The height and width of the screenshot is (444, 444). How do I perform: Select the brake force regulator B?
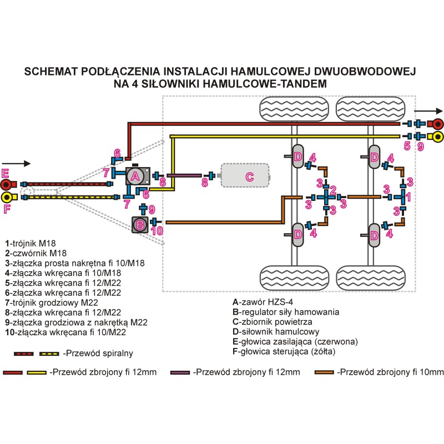click(x=140, y=225)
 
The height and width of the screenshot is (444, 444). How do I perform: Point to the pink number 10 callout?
click(x=157, y=231)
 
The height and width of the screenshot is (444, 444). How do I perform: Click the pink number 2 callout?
click(x=333, y=190)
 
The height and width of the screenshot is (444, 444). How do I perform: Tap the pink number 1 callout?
click(x=408, y=197)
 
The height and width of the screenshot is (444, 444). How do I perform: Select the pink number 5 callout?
click(x=407, y=146)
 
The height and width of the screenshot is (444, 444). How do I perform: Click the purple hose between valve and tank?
click(x=184, y=175)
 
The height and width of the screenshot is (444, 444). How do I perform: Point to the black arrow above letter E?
click(x=16, y=163)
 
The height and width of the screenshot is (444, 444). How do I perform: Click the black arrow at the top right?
click(x=428, y=111)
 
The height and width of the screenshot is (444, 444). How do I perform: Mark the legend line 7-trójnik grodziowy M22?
click(x=52, y=302)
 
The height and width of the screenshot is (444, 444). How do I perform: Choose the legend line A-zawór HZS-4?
click(x=263, y=302)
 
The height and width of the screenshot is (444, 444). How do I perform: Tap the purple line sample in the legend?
click(x=180, y=372)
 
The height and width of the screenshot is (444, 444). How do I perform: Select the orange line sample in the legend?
click(x=324, y=372)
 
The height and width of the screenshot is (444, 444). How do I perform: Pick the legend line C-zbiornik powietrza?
click(x=273, y=322)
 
